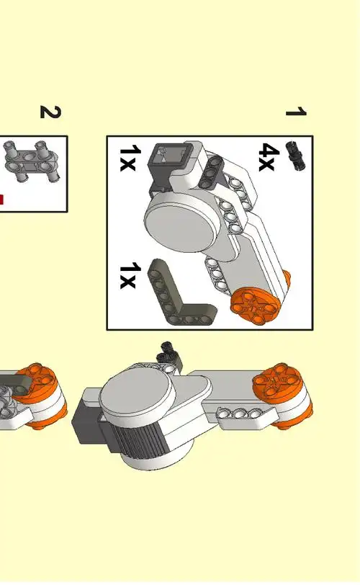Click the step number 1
click(296, 112)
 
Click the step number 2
click(50, 112)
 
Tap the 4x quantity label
click(269, 157)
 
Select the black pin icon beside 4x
click(295, 156)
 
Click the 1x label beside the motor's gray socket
click(130, 158)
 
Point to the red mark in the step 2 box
click(1, 200)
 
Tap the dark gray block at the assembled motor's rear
click(89, 420)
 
